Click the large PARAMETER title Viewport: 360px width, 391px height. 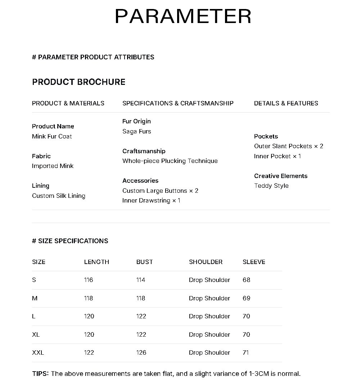tap(183, 17)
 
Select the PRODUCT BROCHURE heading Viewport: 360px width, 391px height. tap(78, 82)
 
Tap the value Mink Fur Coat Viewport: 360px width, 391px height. tap(52, 136)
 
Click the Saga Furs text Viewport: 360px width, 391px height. tap(137, 131)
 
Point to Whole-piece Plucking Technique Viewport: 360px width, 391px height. tap(170, 161)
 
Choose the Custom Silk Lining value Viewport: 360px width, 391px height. tap(59, 196)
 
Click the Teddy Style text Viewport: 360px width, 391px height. tap(271, 186)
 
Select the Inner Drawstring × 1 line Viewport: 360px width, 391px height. tap(151, 200)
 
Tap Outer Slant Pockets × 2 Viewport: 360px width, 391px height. tap(289, 146)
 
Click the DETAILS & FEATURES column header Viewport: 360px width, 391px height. tap(286, 103)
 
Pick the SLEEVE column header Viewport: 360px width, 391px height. tap(254, 262)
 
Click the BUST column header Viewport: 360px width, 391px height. tap(144, 262)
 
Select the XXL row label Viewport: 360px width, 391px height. tap(38, 353)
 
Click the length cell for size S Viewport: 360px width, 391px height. tap(89, 280)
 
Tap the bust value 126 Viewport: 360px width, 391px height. tap(141, 353)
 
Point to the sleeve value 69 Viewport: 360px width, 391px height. tap(246, 298)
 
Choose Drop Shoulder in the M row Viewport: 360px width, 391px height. tap(209, 298)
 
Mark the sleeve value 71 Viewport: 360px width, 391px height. tap(246, 353)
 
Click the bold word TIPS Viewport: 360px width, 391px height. tap(40, 373)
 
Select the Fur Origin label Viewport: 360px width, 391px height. tap(136, 121)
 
